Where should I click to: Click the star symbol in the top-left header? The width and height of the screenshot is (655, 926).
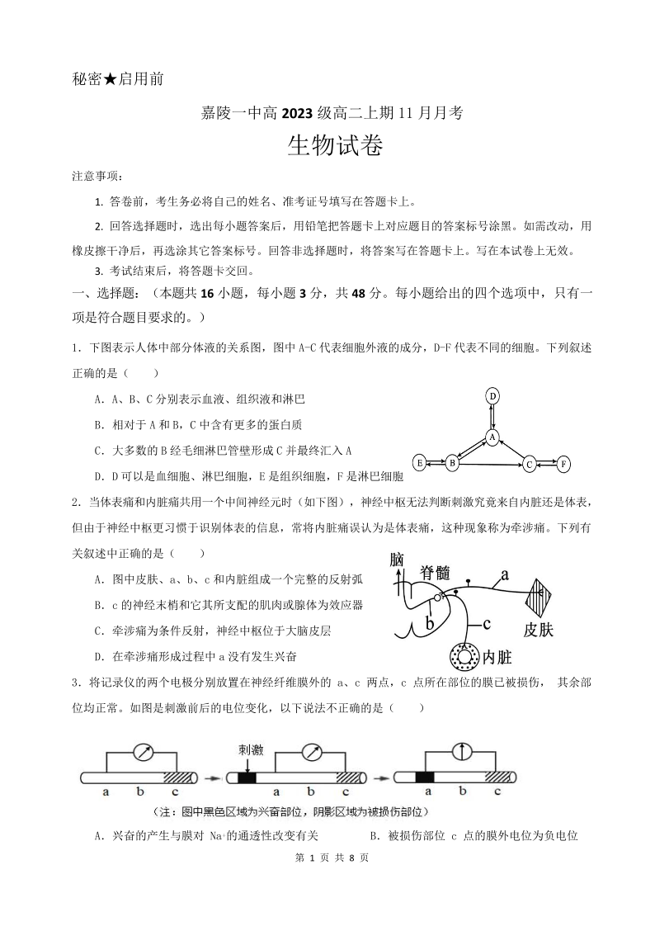tap(108, 79)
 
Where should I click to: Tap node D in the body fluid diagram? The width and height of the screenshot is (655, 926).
tap(492, 396)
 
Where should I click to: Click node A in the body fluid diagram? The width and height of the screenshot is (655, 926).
tap(492, 435)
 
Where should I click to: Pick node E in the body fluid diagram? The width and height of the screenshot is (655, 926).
tap(419, 462)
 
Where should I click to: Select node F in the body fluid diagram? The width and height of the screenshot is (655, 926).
tap(563, 463)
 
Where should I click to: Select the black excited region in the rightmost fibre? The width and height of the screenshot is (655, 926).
tap(426, 777)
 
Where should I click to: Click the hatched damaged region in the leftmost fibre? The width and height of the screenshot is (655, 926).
tap(179, 777)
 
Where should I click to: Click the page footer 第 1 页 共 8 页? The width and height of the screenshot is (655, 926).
tap(327, 858)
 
